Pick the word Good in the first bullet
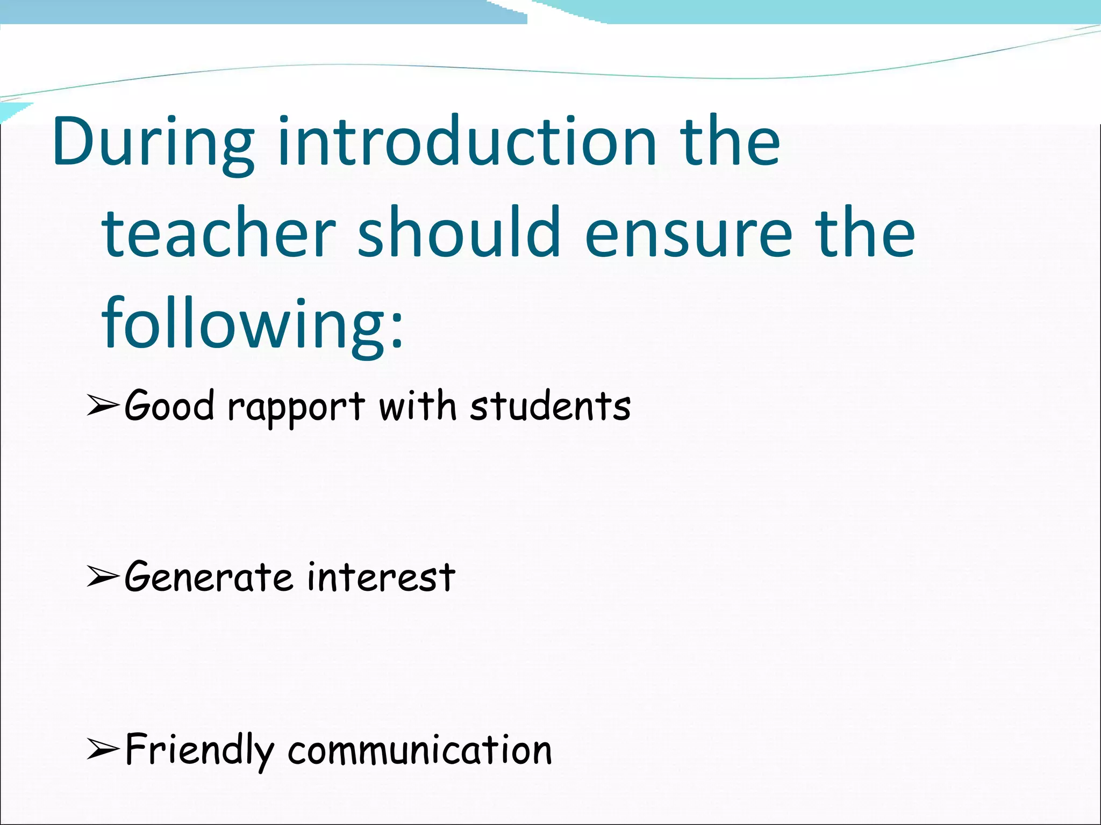pos(169,406)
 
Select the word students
pos(550,406)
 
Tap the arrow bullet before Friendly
pos(102,750)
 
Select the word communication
pos(420,750)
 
